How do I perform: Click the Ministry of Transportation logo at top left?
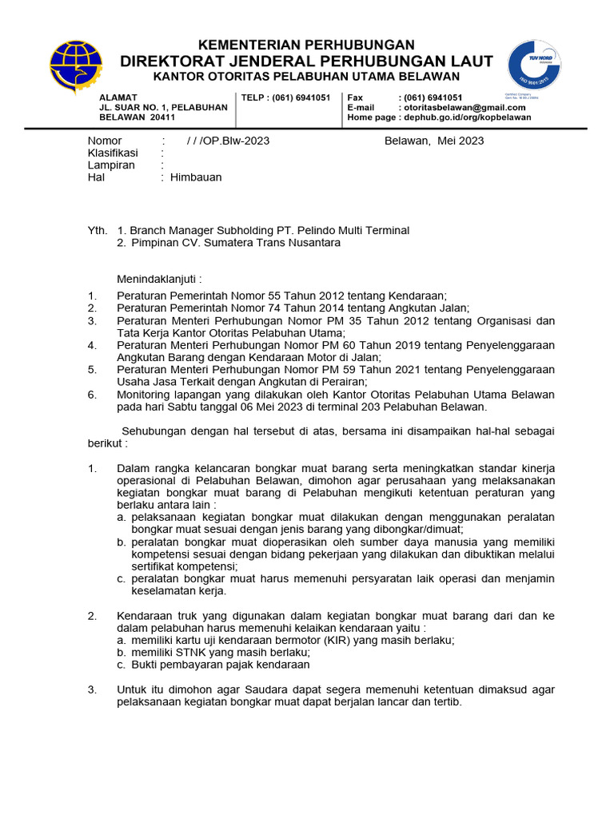pyautogui.click(x=76, y=67)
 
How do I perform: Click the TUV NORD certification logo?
pyautogui.click(x=534, y=65)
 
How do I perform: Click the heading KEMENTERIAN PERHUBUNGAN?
pyautogui.click(x=306, y=45)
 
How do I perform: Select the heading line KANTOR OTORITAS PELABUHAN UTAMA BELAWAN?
pyautogui.click(x=306, y=77)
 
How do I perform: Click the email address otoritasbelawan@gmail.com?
pyautogui.click(x=464, y=108)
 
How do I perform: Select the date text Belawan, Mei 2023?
pyautogui.click(x=434, y=141)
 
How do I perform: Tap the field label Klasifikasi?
pyautogui.click(x=113, y=153)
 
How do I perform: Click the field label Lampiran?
pyautogui.click(x=111, y=165)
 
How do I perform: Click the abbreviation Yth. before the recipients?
pyautogui.click(x=97, y=230)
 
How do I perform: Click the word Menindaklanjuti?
pyautogui.click(x=159, y=279)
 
